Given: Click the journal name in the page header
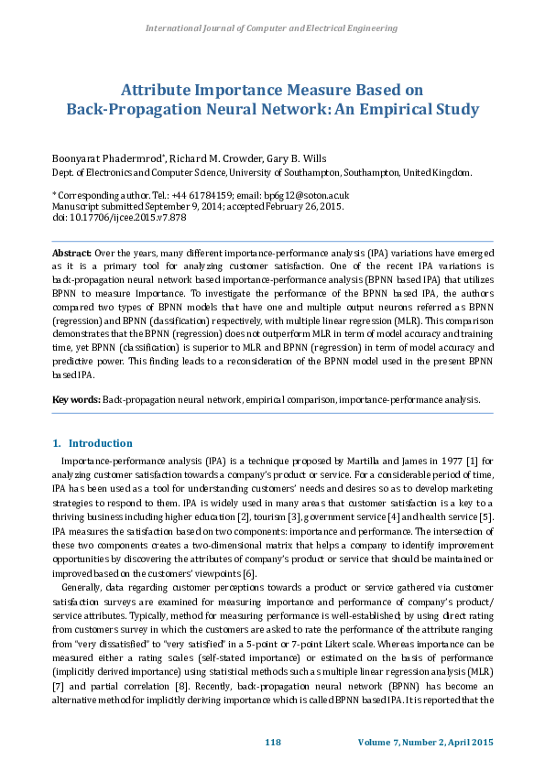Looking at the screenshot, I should tap(272, 28).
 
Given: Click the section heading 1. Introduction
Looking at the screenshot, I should tap(93, 443).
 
